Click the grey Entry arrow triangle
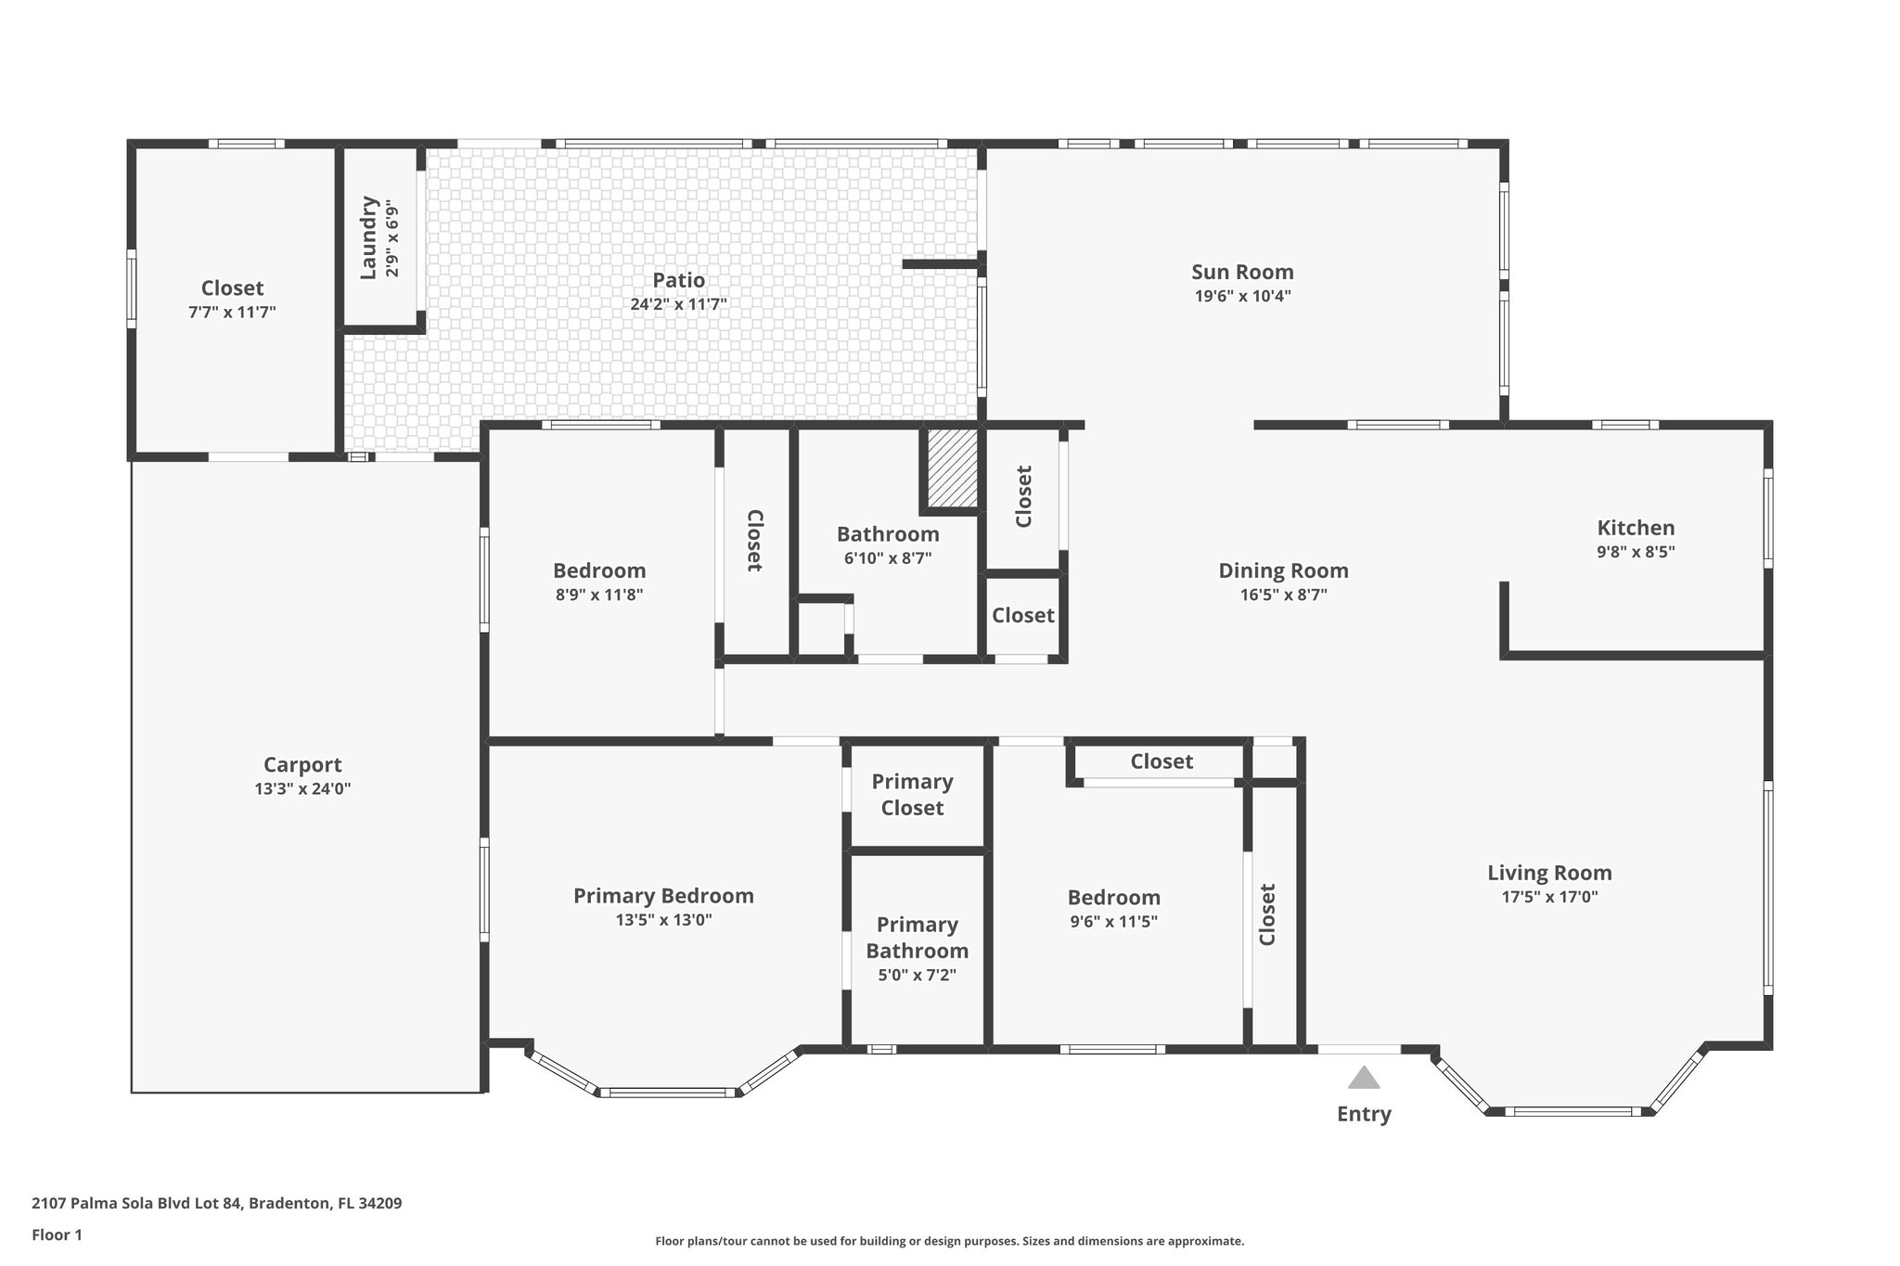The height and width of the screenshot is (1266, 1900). click(1363, 1079)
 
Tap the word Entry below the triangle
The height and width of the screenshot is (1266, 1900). click(1363, 1114)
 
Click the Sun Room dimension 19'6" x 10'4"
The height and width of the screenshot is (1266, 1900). click(1242, 297)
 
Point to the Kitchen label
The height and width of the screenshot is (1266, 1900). click(1635, 528)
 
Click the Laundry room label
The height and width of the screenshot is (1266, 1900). click(369, 237)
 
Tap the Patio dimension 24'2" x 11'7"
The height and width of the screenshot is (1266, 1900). click(678, 304)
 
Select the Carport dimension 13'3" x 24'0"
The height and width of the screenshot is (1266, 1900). click(302, 789)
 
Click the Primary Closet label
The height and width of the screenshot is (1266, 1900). click(912, 795)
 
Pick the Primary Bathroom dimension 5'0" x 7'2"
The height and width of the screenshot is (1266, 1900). click(917, 976)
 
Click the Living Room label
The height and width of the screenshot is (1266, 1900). click(1548, 873)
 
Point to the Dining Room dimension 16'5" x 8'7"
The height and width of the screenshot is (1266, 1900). click(1283, 595)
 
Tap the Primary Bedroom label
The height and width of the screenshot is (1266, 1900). click(662, 896)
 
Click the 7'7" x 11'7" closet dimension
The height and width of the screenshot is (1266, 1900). click(232, 313)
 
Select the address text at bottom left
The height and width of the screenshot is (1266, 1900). click(216, 1204)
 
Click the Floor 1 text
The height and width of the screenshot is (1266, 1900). click(57, 1234)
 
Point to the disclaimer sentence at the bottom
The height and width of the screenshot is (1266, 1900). click(949, 1241)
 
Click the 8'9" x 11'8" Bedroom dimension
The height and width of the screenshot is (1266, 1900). click(598, 595)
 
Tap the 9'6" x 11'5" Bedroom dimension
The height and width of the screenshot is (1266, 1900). click(1113, 922)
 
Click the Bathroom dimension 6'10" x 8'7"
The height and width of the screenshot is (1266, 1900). click(887, 558)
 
